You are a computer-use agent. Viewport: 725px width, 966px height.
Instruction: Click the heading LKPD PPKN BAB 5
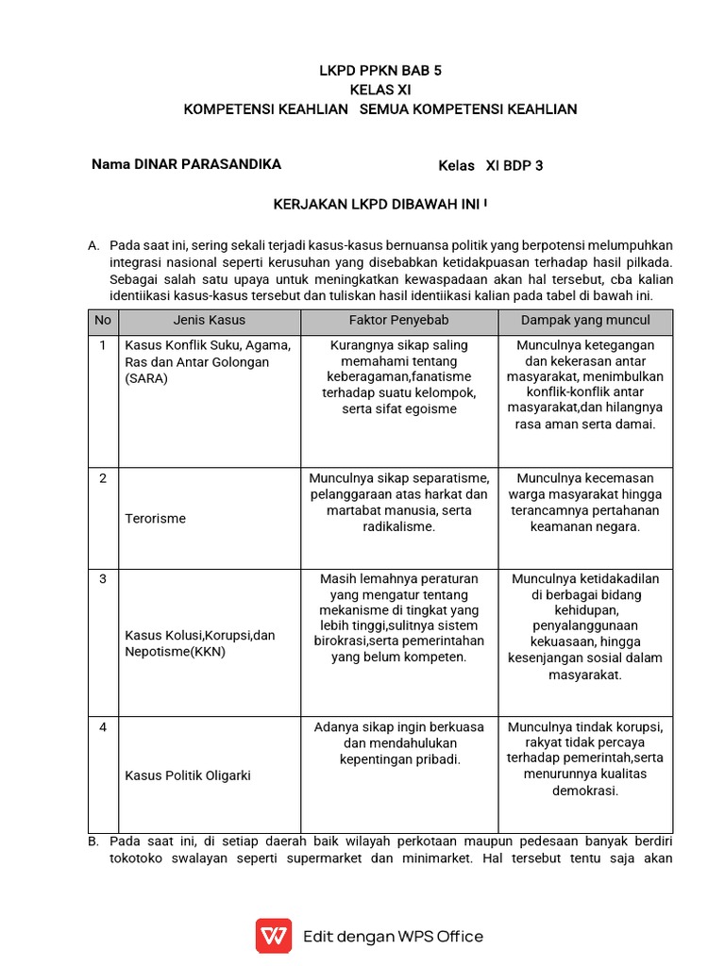point(380,71)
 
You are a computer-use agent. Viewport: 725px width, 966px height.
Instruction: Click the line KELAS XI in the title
point(380,90)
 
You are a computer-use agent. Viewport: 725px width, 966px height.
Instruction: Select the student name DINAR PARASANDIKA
point(208,164)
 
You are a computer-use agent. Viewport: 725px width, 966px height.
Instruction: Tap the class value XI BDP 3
point(514,165)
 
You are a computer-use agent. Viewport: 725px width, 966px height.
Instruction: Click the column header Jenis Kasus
point(209,321)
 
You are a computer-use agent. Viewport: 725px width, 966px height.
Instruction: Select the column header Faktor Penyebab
point(399,321)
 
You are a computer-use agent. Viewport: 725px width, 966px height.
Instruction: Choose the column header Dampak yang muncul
point(585,321)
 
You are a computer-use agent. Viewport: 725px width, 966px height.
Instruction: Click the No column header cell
point(103,321)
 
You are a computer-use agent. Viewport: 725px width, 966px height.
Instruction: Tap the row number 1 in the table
point(103,345)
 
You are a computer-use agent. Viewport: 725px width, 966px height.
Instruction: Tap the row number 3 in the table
point(103,578)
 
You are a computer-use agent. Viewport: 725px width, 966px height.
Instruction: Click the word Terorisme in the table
point(156,518)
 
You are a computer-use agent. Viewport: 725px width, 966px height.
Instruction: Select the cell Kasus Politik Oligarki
point(188,775)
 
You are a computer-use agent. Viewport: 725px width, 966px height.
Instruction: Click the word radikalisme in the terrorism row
point(399,526)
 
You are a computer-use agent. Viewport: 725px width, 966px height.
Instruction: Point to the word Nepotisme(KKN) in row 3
point(176,651)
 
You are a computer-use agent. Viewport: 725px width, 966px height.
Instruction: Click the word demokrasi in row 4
point(585,791)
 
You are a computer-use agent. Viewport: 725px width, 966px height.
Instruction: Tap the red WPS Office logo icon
point(274,936)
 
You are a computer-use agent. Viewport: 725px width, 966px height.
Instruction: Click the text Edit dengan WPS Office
point(393,937)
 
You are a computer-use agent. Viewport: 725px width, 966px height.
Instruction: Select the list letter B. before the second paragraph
point(93,841)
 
